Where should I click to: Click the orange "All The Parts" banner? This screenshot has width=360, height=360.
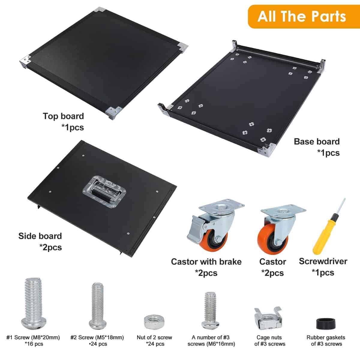(x=304, y=16)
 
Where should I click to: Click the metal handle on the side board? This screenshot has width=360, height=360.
(x=105, y=191)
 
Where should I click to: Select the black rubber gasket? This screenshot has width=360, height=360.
(x=325, y=324)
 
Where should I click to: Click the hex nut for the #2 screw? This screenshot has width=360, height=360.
(x=154, y=322)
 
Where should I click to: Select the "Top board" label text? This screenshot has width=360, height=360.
(x=63, y=116)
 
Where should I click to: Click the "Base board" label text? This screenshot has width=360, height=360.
(x=317, y=142)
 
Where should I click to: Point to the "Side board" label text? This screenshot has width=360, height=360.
(x=40, y=236)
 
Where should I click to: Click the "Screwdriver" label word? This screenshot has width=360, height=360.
(x=323, y=261)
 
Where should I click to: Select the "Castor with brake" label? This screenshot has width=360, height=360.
(x=206, y=262)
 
